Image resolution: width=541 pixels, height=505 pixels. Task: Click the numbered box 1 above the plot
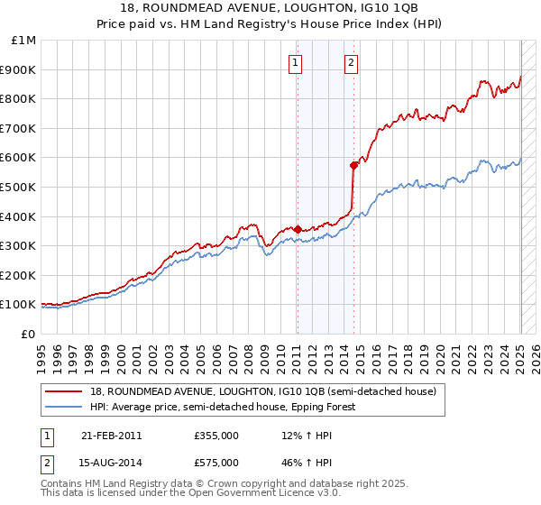296,62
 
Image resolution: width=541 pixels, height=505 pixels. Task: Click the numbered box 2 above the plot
351,62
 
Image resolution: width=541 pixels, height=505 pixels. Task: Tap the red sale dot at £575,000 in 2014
353,164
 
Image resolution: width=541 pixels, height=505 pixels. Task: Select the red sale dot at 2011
298,229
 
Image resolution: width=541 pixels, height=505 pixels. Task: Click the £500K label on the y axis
20,187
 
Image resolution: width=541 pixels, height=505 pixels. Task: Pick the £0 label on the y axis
28,334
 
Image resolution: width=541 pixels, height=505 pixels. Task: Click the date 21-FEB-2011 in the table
111,436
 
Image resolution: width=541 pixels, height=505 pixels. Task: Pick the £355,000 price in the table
216,436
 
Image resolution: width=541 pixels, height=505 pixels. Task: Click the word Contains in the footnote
60,482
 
